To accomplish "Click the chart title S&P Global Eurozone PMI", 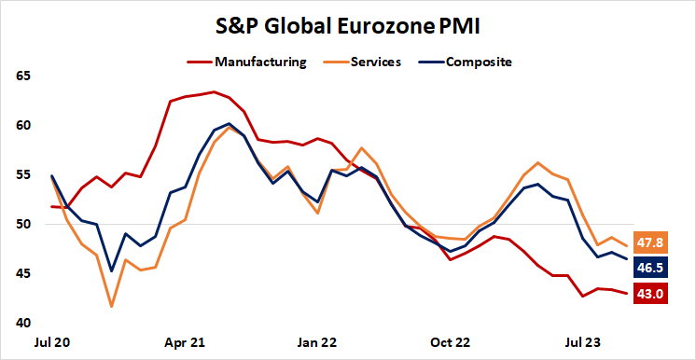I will (x=348, y=26).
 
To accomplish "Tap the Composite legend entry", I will (x=478, y=62).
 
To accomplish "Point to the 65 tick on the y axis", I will (x=23, y=76).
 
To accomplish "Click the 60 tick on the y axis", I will (x=23, y=125).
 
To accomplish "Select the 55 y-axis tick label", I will (x=23, y=174).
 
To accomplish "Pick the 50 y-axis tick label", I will (x=23, y=224).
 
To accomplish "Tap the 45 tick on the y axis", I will (x=23, y=273).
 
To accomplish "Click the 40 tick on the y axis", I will (x=23, y=323).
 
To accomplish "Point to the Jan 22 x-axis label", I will (x=316, y=341).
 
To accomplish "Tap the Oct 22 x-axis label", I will (x=449, y=341).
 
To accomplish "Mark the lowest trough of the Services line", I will (x=112, y=306).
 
